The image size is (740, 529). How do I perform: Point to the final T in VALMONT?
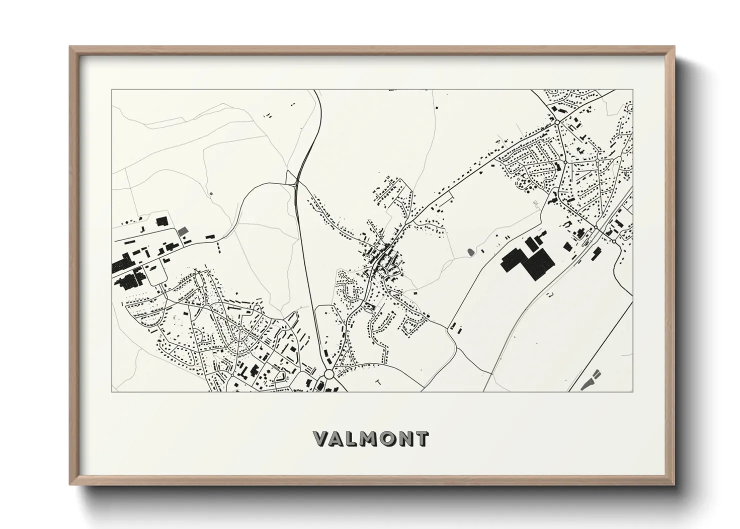click(421, 439)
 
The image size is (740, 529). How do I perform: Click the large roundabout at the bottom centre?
click(329, 374)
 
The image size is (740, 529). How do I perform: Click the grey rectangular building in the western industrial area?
click(184, 230)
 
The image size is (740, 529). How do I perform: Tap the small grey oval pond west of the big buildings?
click(471, 251)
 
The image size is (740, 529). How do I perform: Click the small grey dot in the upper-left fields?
click(211, 193)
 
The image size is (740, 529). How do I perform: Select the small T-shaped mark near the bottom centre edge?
click(378, 382)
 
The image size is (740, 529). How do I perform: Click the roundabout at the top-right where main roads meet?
click(556, 121)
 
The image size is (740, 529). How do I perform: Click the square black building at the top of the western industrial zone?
click(161, 220)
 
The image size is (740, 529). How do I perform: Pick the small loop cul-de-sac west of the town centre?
click(342, 274)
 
